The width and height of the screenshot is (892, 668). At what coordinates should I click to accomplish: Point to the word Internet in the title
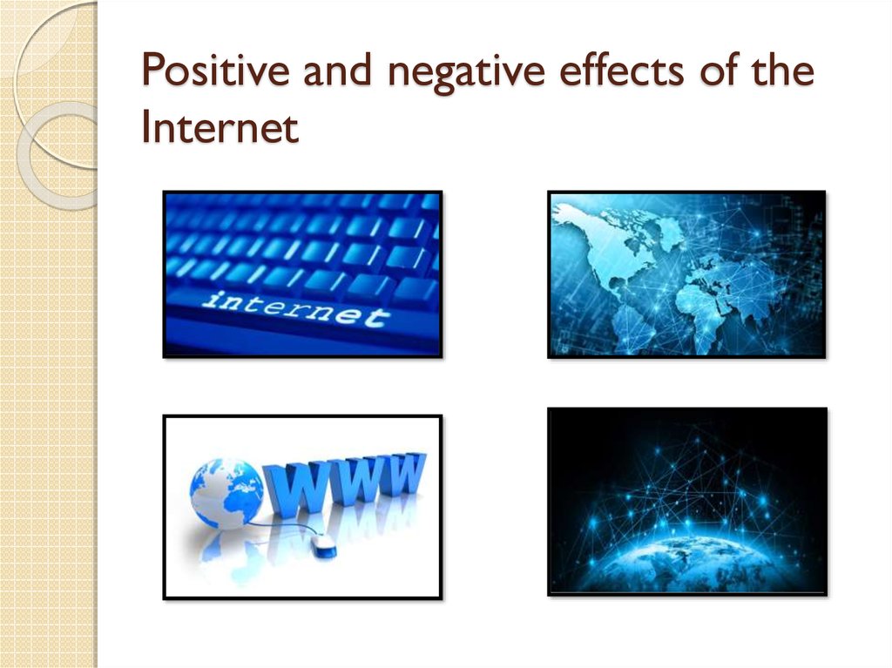pos(220,128)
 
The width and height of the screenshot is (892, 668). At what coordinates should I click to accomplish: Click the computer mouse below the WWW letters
pos(323,546)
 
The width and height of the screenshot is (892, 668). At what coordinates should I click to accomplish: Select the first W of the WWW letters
pos(293,489)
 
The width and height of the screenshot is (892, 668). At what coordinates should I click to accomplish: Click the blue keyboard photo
pos(302,273)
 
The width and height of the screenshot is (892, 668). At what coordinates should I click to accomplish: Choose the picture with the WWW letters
pos(302,507)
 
